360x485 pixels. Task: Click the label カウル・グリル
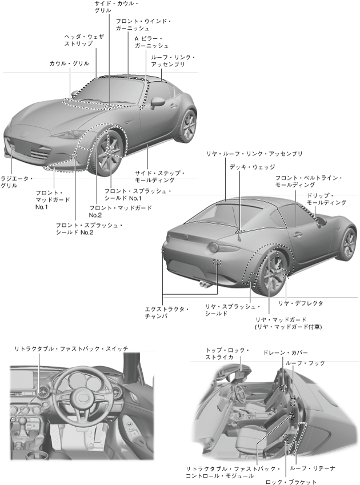[x=69, y=63]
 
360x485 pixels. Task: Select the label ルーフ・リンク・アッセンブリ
[x=172, y=61]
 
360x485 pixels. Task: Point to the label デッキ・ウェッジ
[x=252, y=167]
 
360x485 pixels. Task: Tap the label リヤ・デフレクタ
[x=300, y=303]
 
